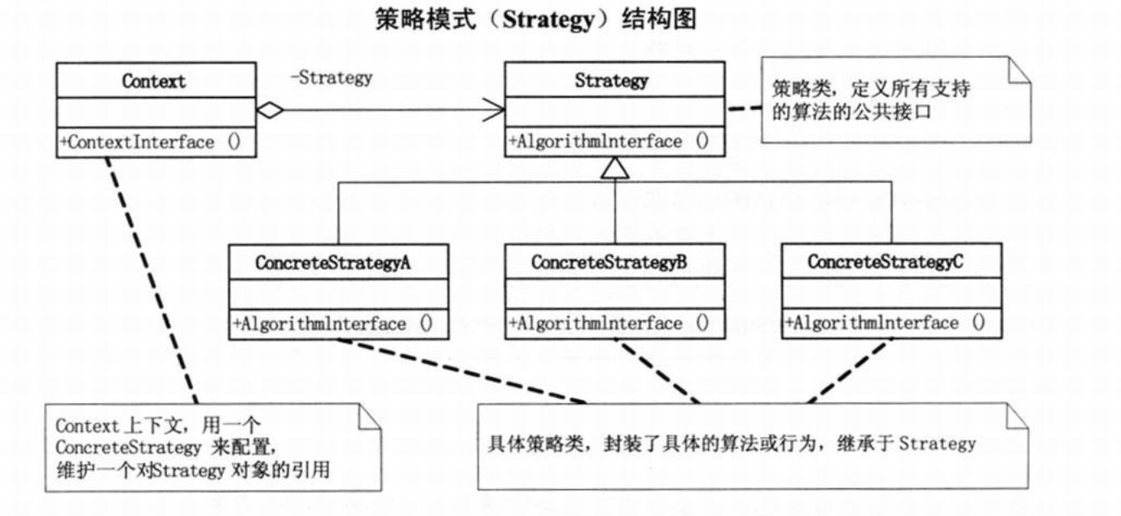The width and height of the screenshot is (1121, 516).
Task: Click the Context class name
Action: [x=154, y=82]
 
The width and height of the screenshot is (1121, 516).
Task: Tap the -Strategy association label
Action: [x=331, y=78]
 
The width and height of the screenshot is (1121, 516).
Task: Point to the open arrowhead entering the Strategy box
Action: [x=495, y=111]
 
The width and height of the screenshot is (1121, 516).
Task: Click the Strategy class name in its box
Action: [x=612, y=80]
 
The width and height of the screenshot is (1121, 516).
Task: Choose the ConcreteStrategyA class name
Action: [x=337, y=262]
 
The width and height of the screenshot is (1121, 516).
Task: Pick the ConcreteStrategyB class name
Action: [x=609, y=262]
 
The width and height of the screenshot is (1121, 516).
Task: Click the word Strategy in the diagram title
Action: [x=548, y=20]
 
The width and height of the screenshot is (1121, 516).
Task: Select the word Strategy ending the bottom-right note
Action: [x=938, y=444]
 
